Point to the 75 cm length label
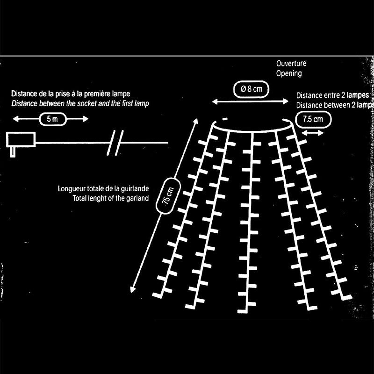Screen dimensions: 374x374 pyautogui.click(x=168, y=195)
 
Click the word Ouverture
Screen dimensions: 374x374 pyautogui.click(x=290, y=64)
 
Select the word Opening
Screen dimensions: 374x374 pyautogui.click(x=288, y=73)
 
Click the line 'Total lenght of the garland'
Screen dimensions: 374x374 pyautogui.click(x=111, y=198)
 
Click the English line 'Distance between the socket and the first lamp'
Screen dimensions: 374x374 pyautogui.click(x=80, y=103)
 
